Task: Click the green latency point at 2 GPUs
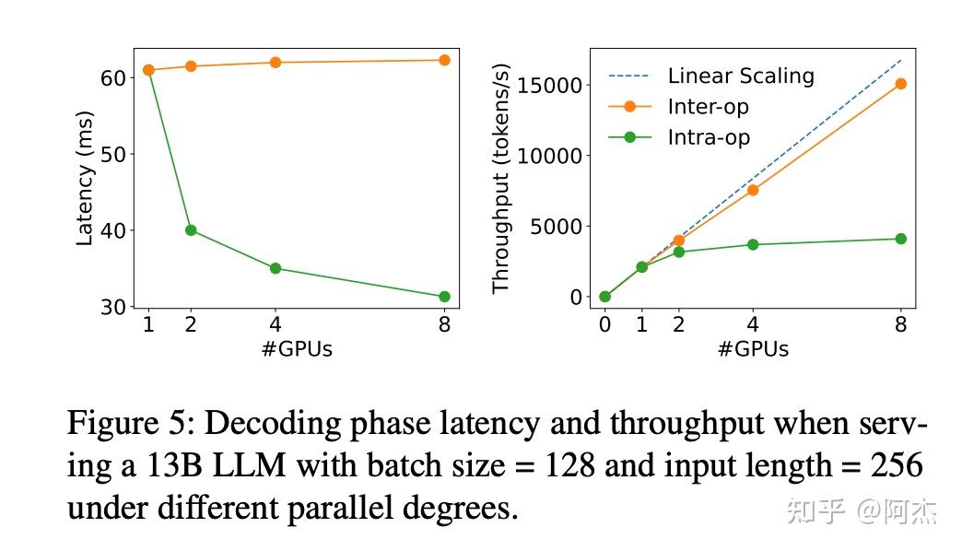(191, 229)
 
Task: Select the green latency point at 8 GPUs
(444, 297)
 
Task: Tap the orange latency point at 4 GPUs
(275, 63)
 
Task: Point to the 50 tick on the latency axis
(113, 154)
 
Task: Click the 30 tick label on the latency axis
(113, 307)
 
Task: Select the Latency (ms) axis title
(85, 179)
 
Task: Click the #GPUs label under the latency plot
(297, 349)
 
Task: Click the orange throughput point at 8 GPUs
(900, 84)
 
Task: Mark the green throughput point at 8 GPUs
(900, 239)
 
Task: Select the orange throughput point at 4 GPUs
(753, 190)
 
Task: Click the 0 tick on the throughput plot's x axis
(604, 324)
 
